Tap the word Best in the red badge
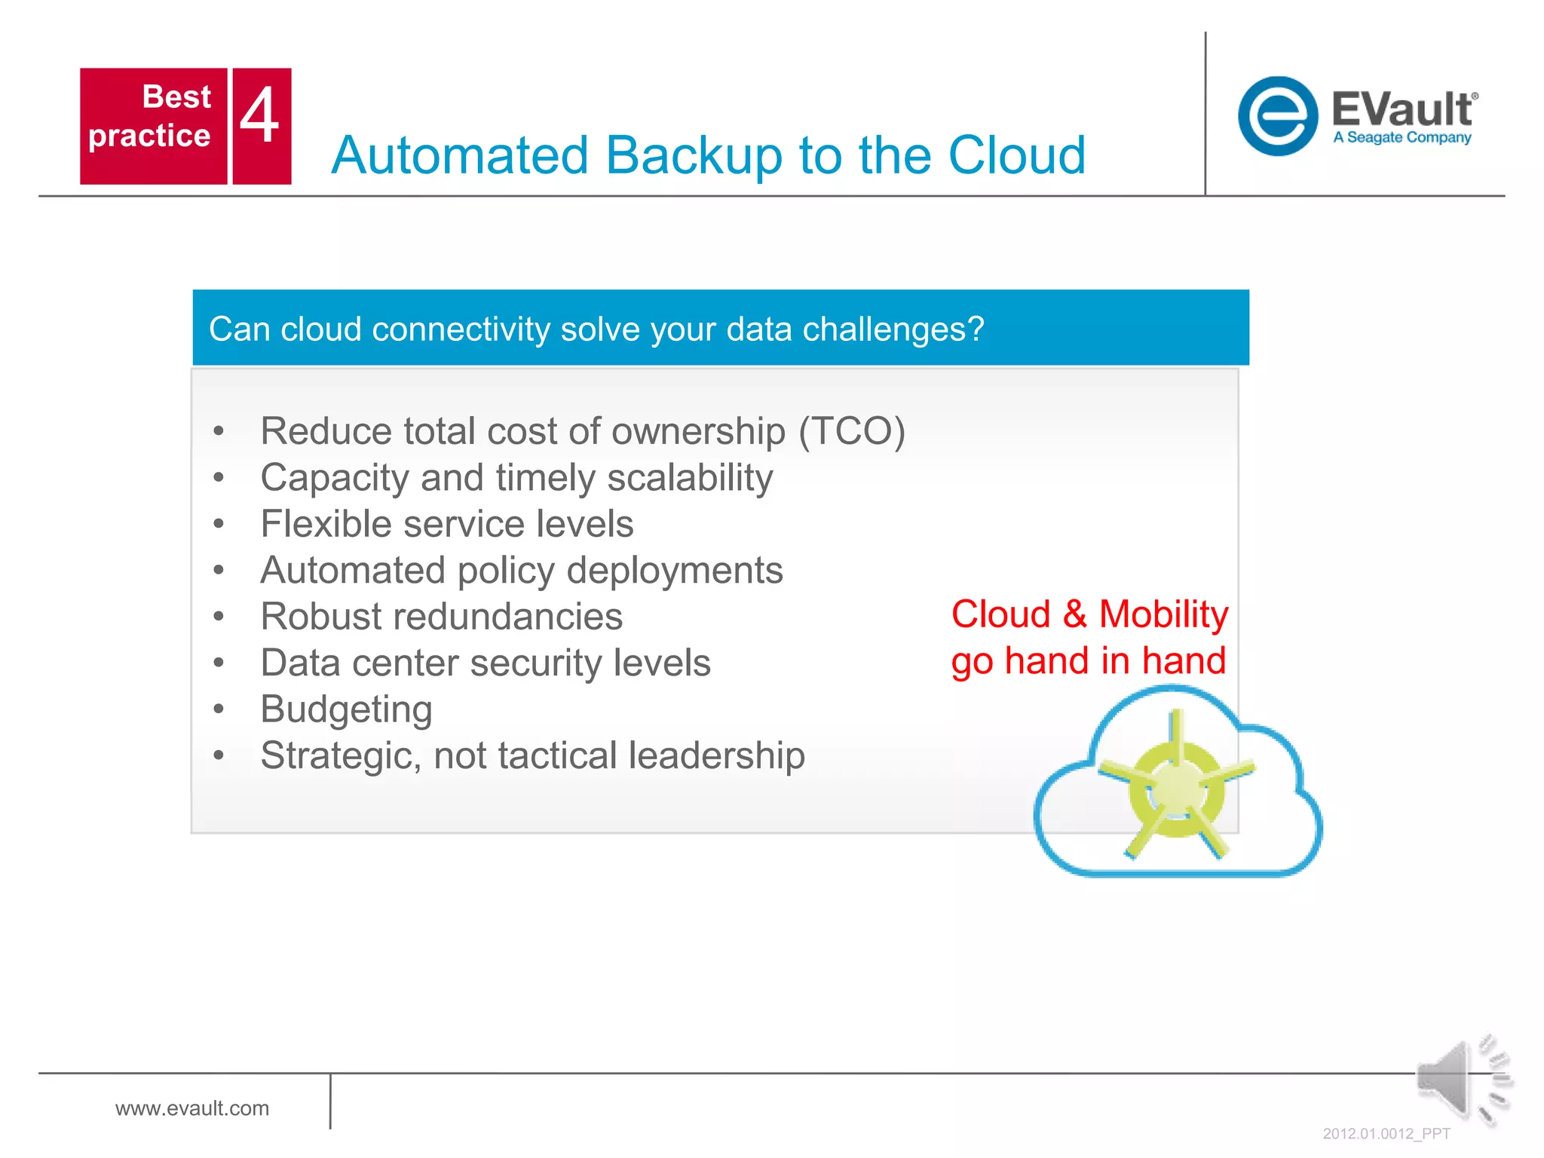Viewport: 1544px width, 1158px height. tap(176, 96)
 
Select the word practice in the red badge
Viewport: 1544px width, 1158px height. tap(149, 136)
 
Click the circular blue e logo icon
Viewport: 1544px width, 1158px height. tap(1277, 116)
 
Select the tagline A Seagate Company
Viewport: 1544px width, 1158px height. tap(1402, 138)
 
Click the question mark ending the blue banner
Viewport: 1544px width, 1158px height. tap(976, 329)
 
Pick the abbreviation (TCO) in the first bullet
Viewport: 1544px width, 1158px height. tap(851, 431)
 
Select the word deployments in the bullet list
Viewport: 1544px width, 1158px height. tap(675, 571)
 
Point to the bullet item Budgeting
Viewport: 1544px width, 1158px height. tap(346, 709)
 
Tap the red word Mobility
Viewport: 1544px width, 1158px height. tap(1163, 614)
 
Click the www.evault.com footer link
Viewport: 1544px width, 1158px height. tap(192, 1108)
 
